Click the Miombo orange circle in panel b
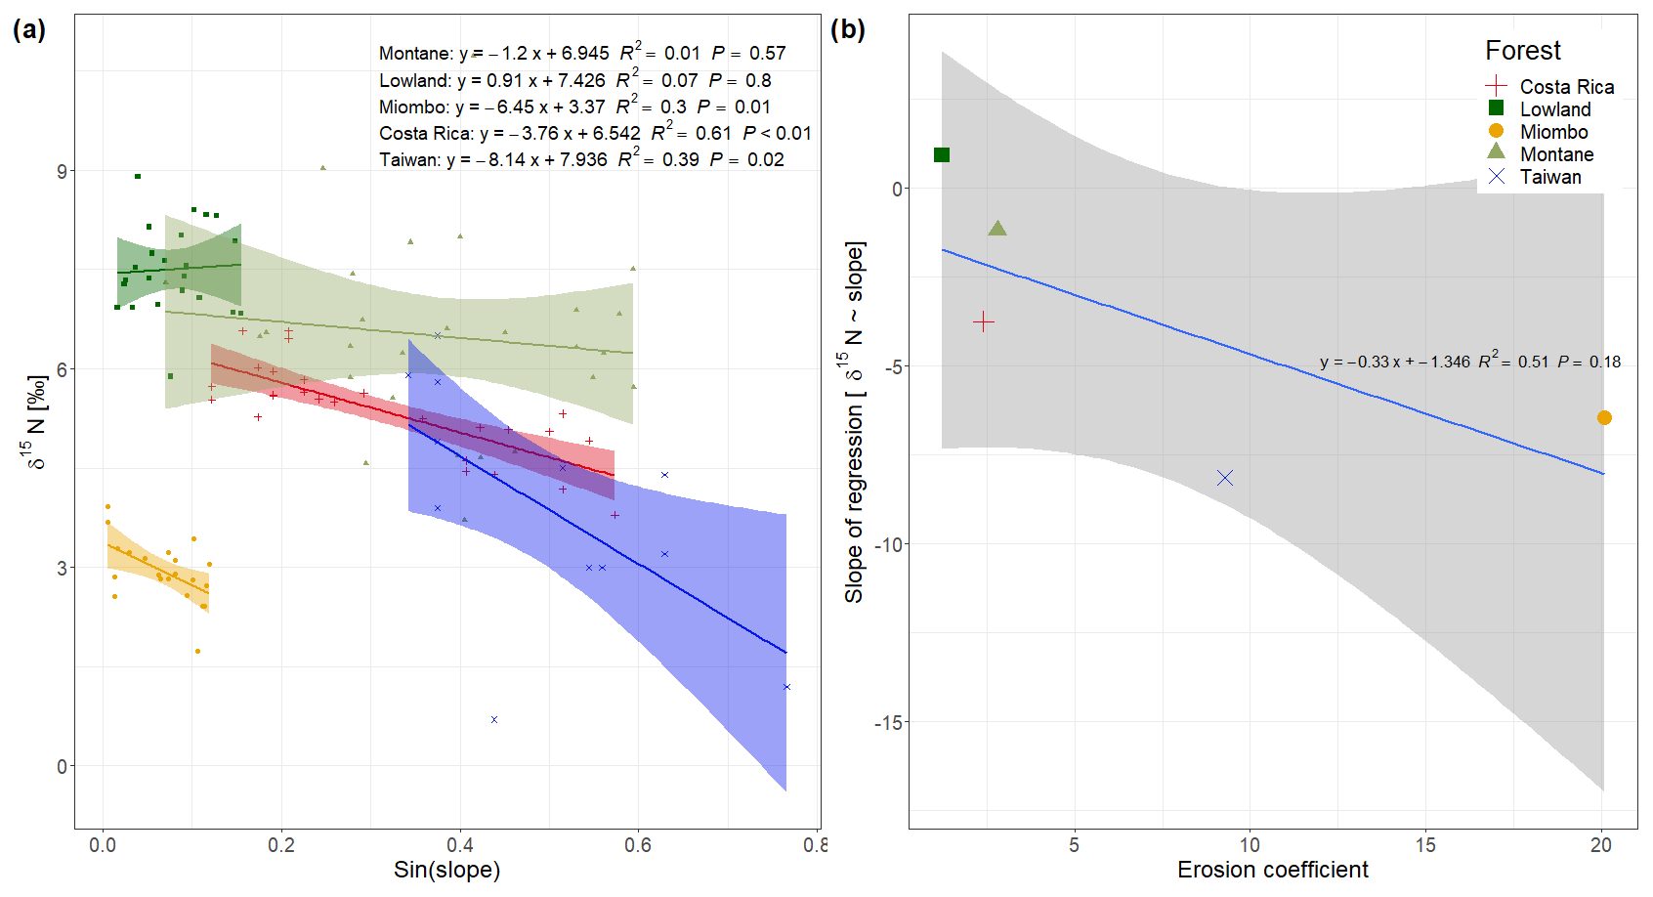(x=1604, y=418)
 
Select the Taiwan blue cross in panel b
(x=1225, y=478)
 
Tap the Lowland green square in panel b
(x=942, y=155)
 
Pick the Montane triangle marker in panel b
(x=997, y=229)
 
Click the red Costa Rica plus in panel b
(x=984, y=321)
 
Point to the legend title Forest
(x=1522, y=51)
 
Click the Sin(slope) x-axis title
(x=446, y=870)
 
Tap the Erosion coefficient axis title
(x=1272, y=870)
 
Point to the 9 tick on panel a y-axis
(x=63, y=171)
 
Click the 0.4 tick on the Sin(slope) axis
(x=460, y=845)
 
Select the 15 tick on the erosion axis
(x=1425, y=845)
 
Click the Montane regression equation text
(x=582, y=53)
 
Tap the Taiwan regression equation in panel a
(x=581, y=159)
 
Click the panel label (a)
(x=29, y=29)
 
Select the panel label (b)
(x=847, y=29)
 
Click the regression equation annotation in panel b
(x=1469, y=362)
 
